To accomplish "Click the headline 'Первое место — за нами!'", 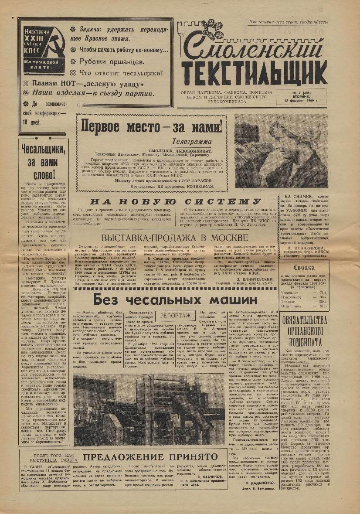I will click(152, 127).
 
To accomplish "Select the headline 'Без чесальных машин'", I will click(175, 300).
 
